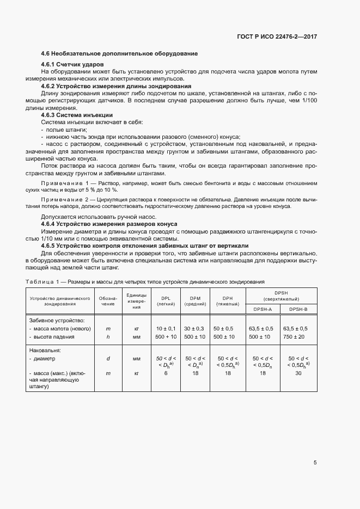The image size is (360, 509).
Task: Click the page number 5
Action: coord(315,463)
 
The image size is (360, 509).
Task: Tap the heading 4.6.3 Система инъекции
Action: coord(77,115)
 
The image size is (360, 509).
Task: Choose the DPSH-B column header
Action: coord(297,309)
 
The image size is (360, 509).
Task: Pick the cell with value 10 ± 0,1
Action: coord(166,329)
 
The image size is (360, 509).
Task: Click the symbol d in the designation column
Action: coord(108,359)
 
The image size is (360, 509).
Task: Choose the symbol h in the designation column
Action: coord(108,337)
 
